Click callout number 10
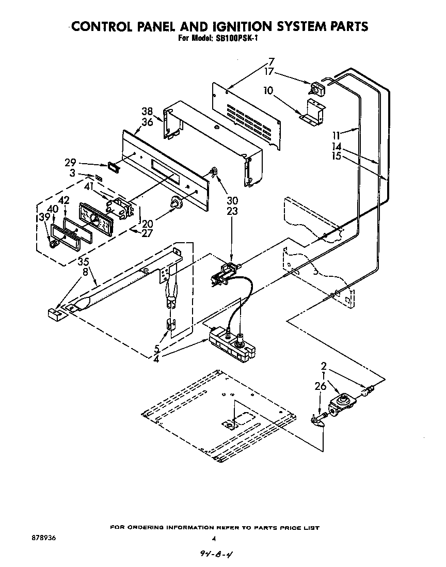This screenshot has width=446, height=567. (x=268, y=90)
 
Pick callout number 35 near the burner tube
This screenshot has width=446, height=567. (x=83, y=262)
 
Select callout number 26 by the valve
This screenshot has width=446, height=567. (x=320, y=385)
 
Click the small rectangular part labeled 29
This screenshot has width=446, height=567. (x=111, y=166)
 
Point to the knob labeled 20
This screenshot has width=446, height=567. (x=177, y=204)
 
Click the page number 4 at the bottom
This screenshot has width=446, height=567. (x=213, y=539)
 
